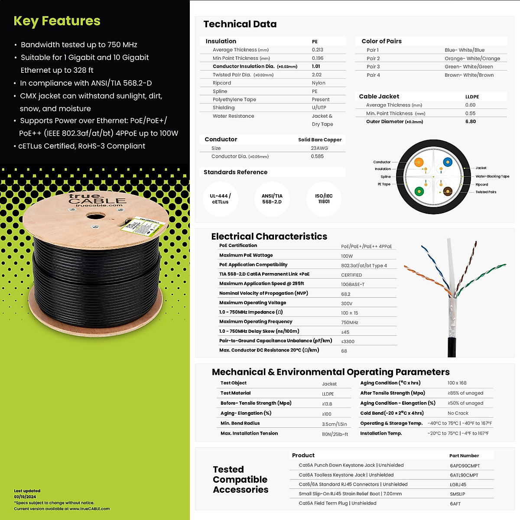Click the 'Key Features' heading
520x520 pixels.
pyautogui.click(x=57, y=21)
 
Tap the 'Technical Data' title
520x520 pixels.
pyautogui.click(x=240, y=24)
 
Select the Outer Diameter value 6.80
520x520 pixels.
pyautogui.click(x=471, y=122)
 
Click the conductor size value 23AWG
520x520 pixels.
pyautogui.click(x=319, y=148)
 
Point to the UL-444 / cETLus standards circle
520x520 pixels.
pyautogui.click(x=221, y=199)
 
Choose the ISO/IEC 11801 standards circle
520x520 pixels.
pyautogui.click(x=324, y=199)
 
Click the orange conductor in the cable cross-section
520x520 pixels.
pyautogui.click(x=419, y=162)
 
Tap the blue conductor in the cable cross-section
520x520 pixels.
pyautogui.click(x=448, y=162)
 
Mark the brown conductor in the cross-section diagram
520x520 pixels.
pyautogui.click(x=448, y=191)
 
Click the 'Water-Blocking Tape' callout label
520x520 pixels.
pyautogui.click(x=492, y=176)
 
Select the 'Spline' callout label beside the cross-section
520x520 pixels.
pyautogui.click(x=386, y=177)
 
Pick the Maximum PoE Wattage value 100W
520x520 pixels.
pyautogui.click(x=347, y=256)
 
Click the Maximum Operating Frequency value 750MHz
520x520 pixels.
pyautogui.click(x=349, y=322)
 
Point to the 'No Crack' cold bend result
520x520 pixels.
pyautogui.click(x=458, y=413)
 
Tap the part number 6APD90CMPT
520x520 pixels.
pyautogui.click(x=465, y=466)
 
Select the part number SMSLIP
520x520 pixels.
pyautogui.click(x=457, y=494)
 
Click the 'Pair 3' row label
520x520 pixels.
pyautogui.click(x=373, y=67)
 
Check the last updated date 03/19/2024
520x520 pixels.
pyautogui.click(x=25, y=497)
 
